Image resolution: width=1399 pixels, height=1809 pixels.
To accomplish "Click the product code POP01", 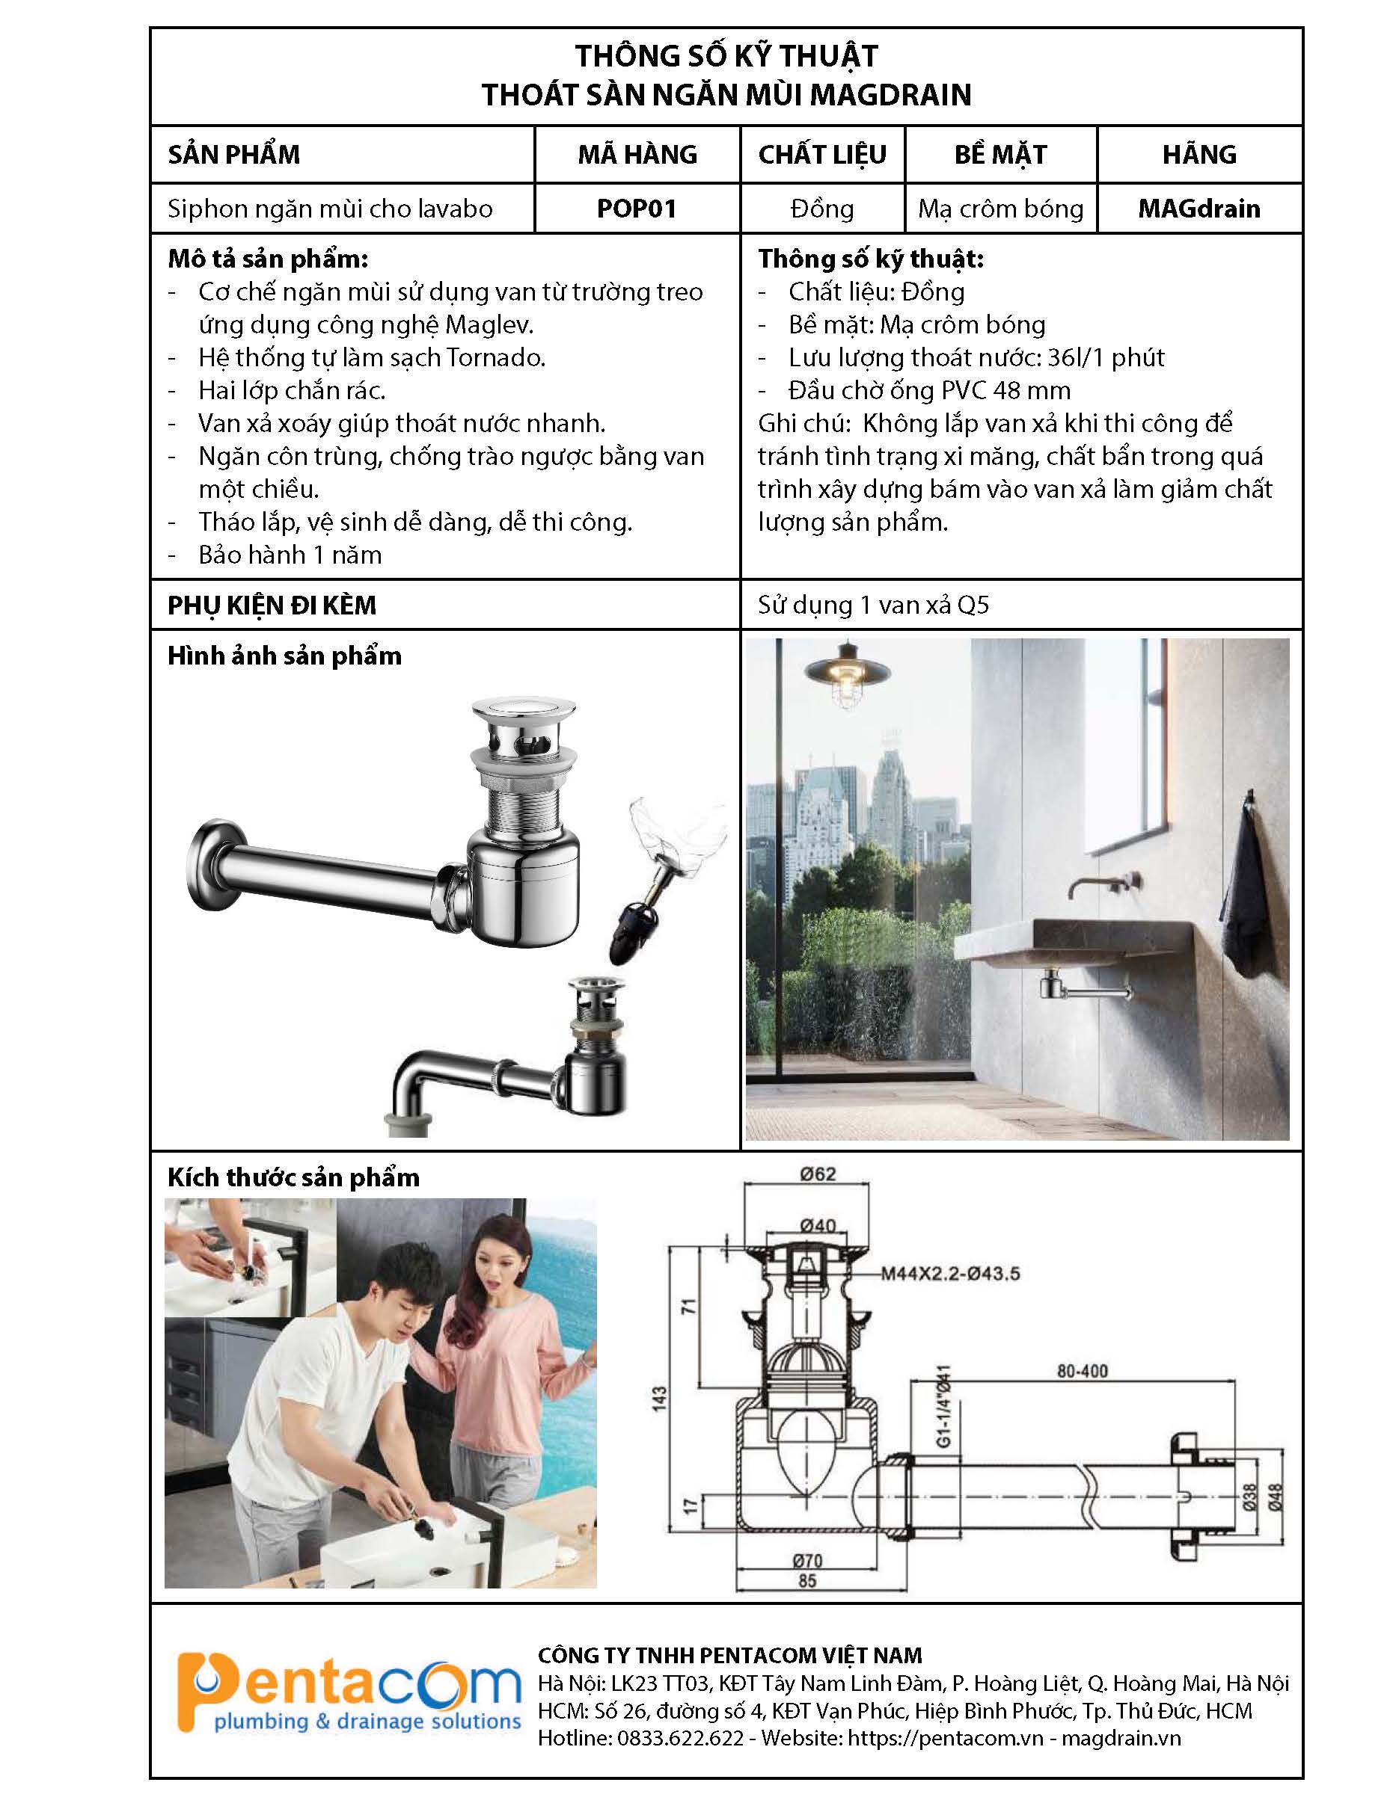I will (x=637, y=209).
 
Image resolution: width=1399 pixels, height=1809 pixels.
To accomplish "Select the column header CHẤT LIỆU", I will (x=821, y=155).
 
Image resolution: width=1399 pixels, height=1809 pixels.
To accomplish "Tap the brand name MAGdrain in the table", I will (x=1199, y=209).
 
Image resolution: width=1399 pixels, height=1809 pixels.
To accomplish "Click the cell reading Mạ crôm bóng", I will (x=1000, y=209).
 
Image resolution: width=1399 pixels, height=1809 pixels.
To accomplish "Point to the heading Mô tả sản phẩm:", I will (x=268, y=259).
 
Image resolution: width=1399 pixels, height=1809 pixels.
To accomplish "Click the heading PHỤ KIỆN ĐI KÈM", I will (x=272, y=605).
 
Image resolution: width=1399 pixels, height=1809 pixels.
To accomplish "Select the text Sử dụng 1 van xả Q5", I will (x=873, y=605).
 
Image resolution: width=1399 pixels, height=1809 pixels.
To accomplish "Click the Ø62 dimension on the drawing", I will (x=817, y=1174).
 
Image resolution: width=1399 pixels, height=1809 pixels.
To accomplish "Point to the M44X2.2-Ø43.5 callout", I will (x=950, y=1273).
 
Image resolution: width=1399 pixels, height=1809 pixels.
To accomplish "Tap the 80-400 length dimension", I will (x=1082, y=1371).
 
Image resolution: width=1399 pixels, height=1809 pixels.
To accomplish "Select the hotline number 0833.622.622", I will (x=679, y=1739).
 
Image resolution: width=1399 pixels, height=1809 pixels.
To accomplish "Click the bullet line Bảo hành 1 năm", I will (x=290, y=555).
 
